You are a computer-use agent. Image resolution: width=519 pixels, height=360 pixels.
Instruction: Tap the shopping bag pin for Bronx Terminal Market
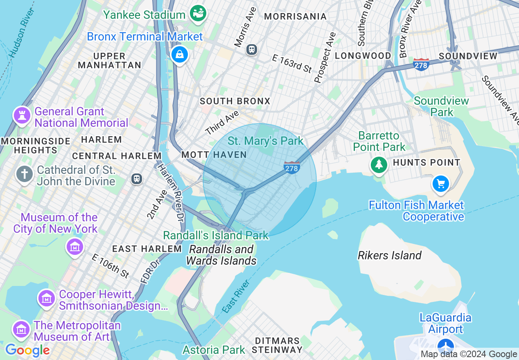tap(179, 54)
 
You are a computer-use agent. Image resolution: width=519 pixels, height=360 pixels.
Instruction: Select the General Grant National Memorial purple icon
tap(22, 116)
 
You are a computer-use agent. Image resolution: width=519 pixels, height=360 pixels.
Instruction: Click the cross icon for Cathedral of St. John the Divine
tap(25, 174)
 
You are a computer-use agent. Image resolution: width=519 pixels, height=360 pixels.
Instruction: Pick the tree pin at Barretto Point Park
tap(379, 164)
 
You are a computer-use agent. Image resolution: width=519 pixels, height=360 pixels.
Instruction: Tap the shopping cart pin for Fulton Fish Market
tap(441, 184)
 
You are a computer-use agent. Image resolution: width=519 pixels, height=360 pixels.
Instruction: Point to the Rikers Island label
tap(389, 256)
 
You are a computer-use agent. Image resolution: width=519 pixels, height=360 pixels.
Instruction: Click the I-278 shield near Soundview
tap(421, 64)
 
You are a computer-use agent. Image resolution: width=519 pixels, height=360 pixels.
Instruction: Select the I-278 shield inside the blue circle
tap(292, 167)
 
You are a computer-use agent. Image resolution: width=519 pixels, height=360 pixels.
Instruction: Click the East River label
tap(236, 297)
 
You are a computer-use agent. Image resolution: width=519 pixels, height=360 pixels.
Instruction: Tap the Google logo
tap(27, 351)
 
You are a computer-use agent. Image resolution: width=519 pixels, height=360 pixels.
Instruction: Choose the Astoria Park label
tap(214, 350)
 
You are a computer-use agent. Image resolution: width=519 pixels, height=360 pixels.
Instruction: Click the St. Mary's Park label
tap(265, 141)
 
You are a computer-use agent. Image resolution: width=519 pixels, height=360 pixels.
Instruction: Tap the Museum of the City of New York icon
tap(75, 247)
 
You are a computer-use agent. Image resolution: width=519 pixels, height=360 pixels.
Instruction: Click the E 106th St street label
tap(111, 266)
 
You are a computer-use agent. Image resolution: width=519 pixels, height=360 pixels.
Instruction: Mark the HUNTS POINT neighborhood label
tap(426, 163)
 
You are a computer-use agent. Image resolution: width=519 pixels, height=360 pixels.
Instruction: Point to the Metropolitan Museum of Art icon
tap(21, 329)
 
